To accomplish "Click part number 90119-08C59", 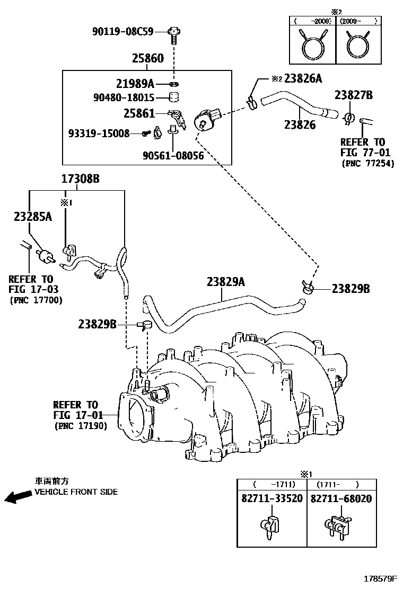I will point(122,32).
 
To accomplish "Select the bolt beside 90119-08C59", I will point(174,34).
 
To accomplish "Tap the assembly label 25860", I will point(147,58).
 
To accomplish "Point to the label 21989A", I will point(135,83).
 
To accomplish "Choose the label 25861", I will point(139,113).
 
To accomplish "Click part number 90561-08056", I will point(173,156).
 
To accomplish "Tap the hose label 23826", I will point(300,126).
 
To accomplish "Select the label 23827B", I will point(353,95).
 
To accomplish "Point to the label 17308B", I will point(81,179).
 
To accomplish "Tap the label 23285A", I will point(33,216).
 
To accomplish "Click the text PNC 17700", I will point(36,300).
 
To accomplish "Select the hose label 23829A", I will point(226,283).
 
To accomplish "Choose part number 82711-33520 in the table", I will point(271,499).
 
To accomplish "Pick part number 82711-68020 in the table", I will point(340,499).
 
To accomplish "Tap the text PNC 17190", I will point(81,425).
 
